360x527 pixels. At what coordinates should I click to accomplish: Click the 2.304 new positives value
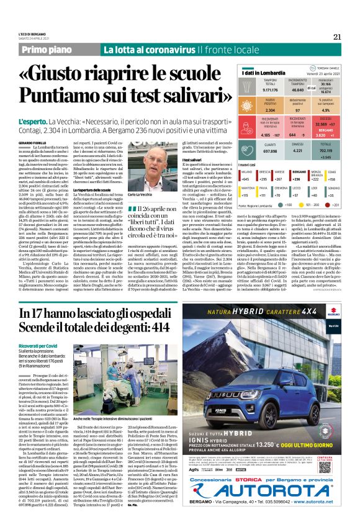point(253,109)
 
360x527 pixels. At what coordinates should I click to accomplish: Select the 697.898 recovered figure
point(253,151)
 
